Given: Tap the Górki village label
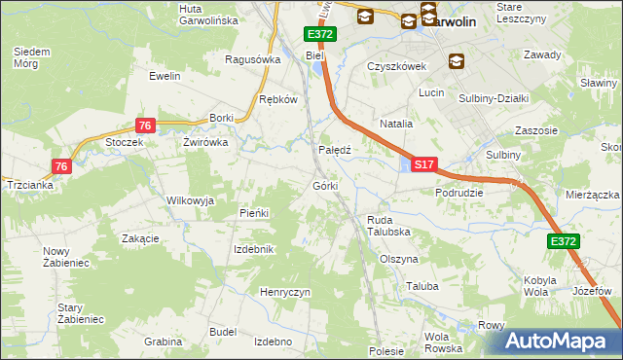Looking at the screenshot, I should click(325, 186).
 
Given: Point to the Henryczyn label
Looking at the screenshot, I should click(285, 292).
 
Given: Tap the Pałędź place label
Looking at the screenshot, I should click(335, 151).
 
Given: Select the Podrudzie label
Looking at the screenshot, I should click(459, 193).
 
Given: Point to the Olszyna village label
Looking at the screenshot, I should click(399, 260).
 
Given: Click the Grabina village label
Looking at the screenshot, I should click(163, 342).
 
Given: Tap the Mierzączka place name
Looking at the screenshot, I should click(592, 195).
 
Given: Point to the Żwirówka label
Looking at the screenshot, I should click(205, 142).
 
